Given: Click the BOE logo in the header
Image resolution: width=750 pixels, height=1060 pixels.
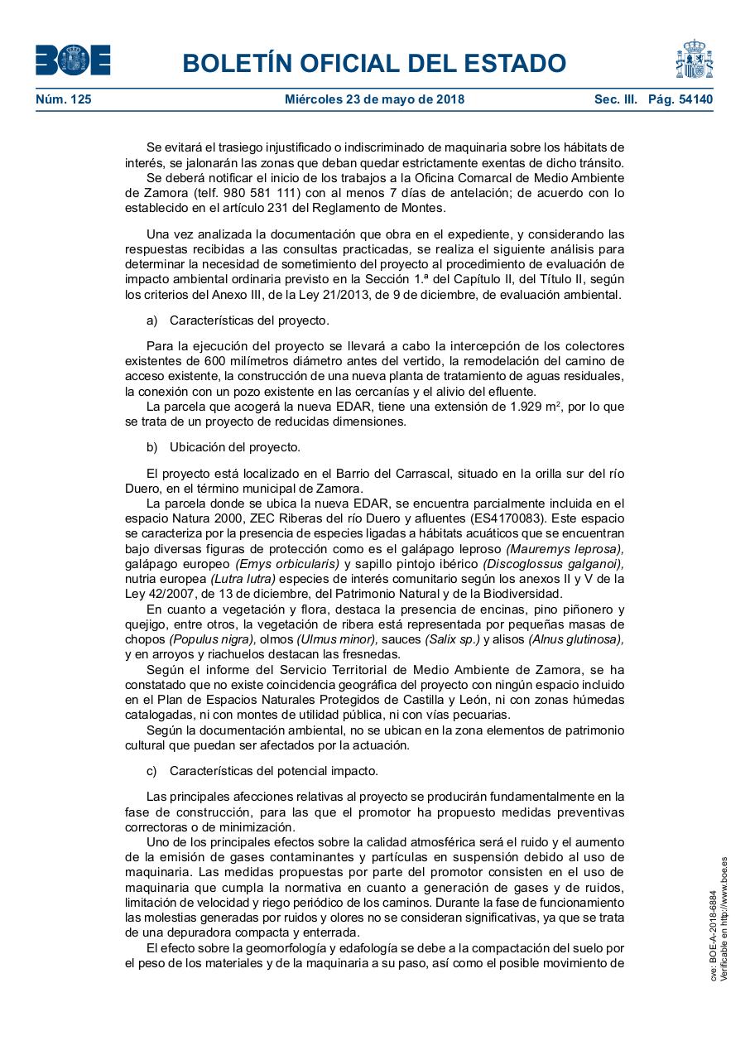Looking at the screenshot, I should click(73, 60).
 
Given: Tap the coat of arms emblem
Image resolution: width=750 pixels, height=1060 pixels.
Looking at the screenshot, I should click(694, 59).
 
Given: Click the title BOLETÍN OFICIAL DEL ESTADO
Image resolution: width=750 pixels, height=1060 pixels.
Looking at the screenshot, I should click(374, 63).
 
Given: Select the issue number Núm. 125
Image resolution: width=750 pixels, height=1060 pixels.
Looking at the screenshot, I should click(64, 99).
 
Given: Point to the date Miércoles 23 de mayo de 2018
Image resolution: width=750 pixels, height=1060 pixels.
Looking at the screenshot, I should click(374, 99).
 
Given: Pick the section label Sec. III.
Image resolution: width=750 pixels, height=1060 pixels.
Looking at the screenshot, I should click(615, 99).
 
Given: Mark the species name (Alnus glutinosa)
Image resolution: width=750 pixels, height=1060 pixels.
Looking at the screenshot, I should click(576, 638).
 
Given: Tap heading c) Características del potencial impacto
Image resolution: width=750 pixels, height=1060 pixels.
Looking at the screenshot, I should click(262, 771).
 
